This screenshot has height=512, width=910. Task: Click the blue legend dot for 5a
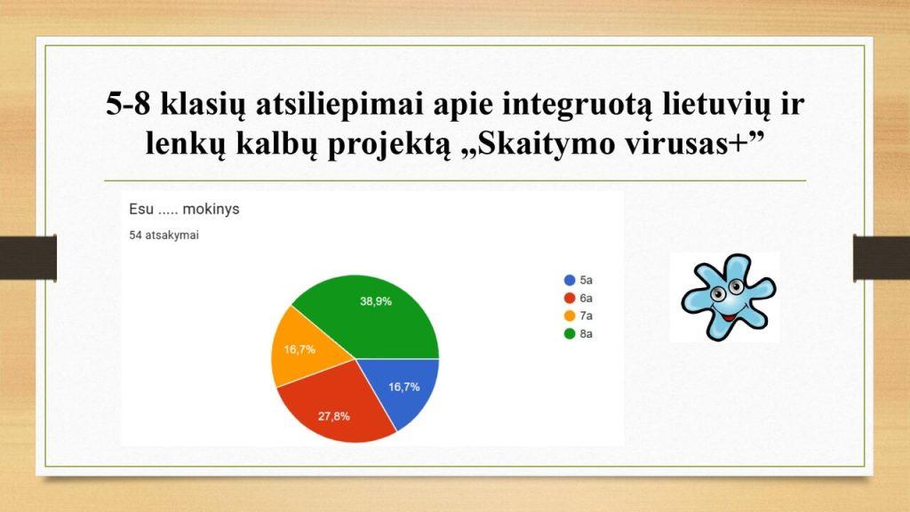point(570,280)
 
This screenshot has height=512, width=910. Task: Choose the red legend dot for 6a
point(570,299)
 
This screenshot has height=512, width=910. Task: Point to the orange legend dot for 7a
point(570,316)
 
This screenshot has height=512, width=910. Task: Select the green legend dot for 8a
point(570,334)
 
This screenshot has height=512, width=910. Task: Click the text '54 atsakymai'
point(164,235)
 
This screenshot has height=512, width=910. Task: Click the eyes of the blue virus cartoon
point(727,291)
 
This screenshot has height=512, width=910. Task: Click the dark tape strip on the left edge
point(28,258)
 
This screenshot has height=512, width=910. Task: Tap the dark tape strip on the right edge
point(882,258)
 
